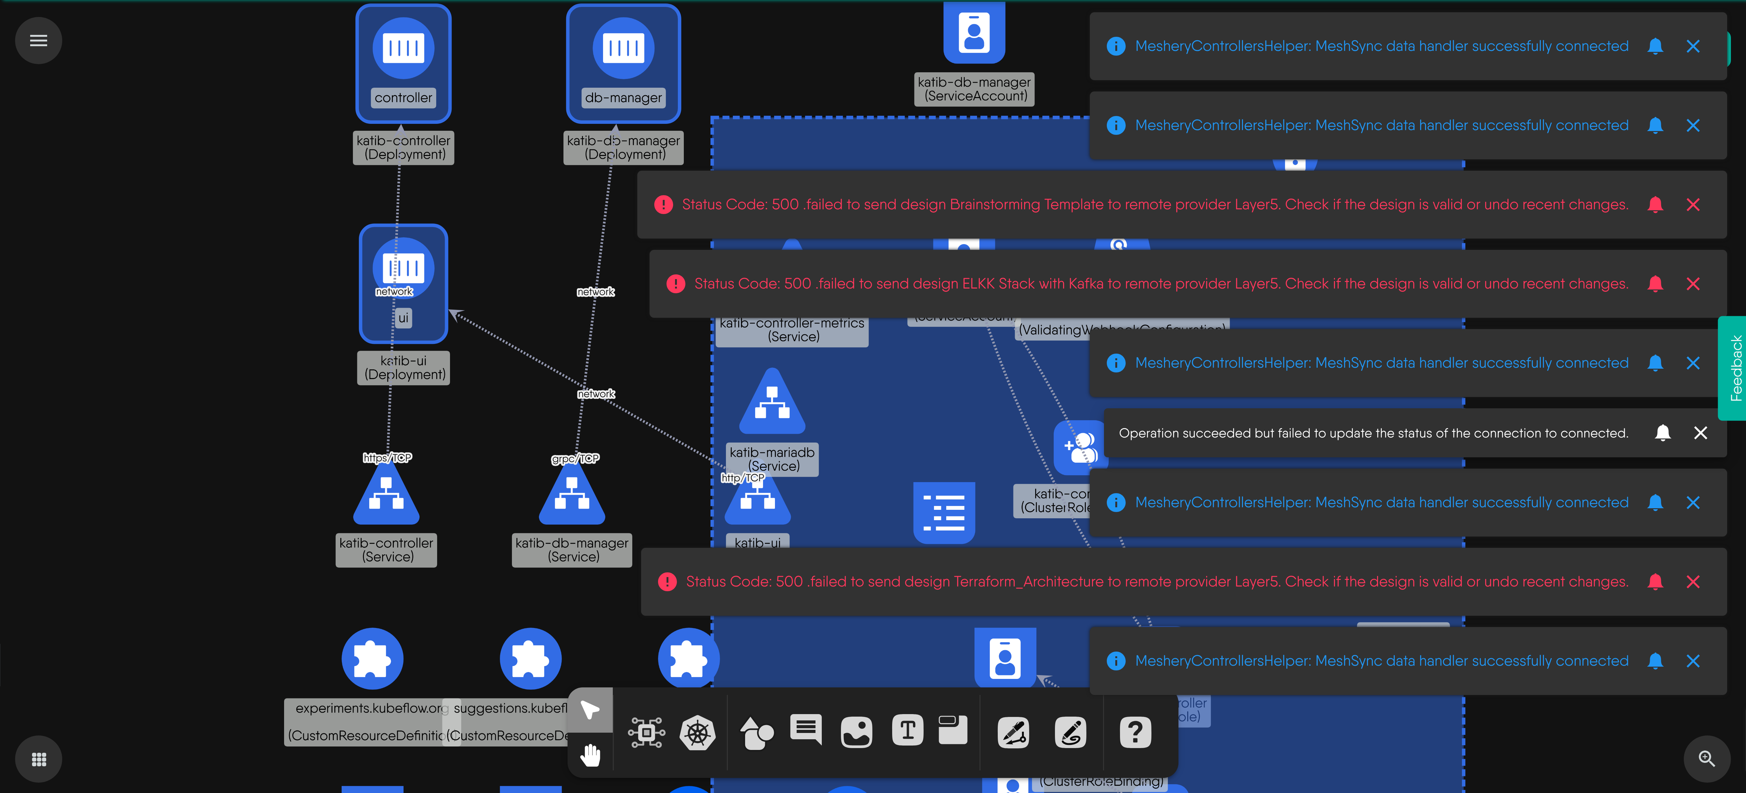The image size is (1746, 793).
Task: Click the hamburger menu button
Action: pyautogui.click(x=39, y=41)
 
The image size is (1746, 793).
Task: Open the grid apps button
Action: pyautogui.click(x=39, y=759)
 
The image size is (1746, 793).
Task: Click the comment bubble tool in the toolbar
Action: pyautogui.click(x=806, y=729)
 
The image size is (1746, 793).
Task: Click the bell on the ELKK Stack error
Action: pyautogui.click(x=1655, y=283)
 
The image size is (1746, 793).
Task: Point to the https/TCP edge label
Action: pyautogui.click(x=387, y=458)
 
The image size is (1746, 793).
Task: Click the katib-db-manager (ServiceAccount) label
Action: pyautogui.click(x=974, y=89)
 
